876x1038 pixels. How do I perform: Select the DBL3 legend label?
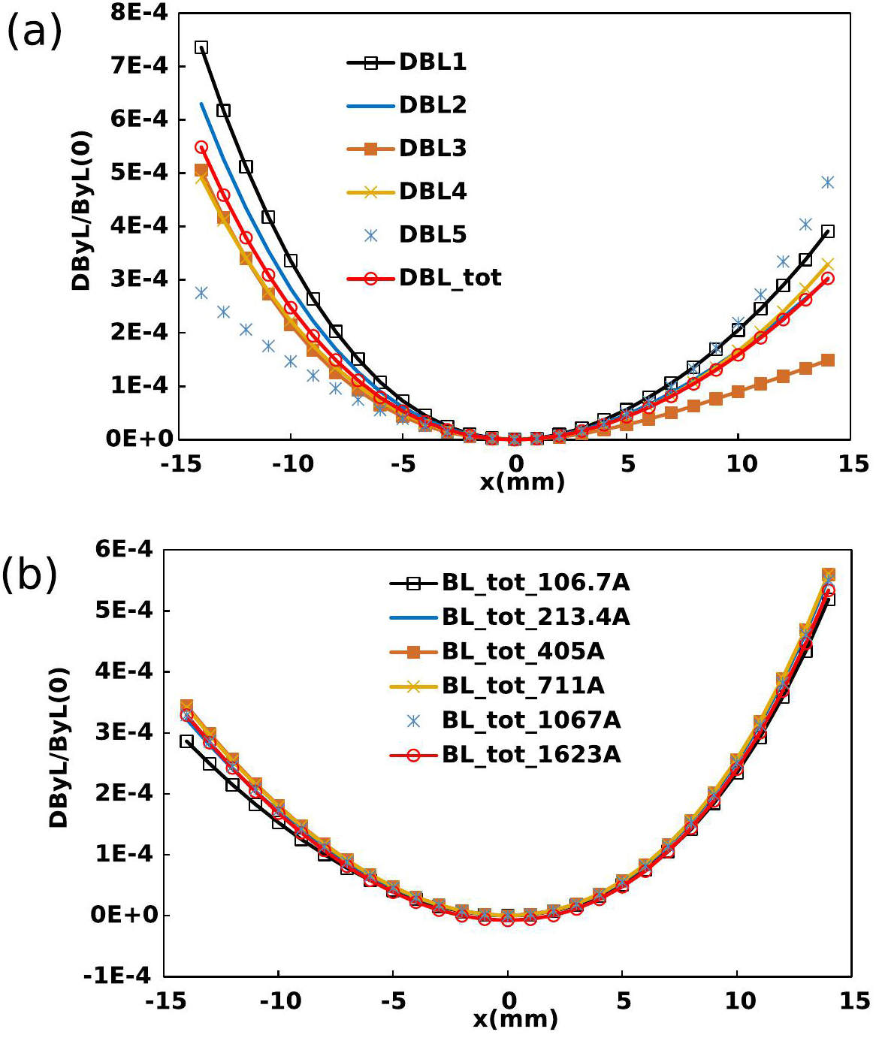point(432,149)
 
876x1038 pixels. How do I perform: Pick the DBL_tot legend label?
point(449,278)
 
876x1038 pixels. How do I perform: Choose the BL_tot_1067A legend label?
point(530,720)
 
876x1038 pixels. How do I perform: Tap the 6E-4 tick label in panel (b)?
point(123,549)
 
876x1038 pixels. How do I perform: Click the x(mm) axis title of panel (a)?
point(522,481)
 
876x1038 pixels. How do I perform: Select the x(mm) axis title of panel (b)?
point(515,1019)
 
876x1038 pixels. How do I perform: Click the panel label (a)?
point(34,32)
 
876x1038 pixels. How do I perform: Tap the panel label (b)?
point(29,575)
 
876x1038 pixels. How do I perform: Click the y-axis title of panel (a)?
point(80,211)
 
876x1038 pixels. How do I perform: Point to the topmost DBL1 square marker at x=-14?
point(201,47)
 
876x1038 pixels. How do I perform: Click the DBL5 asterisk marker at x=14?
point(827,183)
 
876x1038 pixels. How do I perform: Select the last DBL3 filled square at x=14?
point(827,361)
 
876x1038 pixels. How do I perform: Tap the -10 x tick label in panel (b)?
point(280,1000)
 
